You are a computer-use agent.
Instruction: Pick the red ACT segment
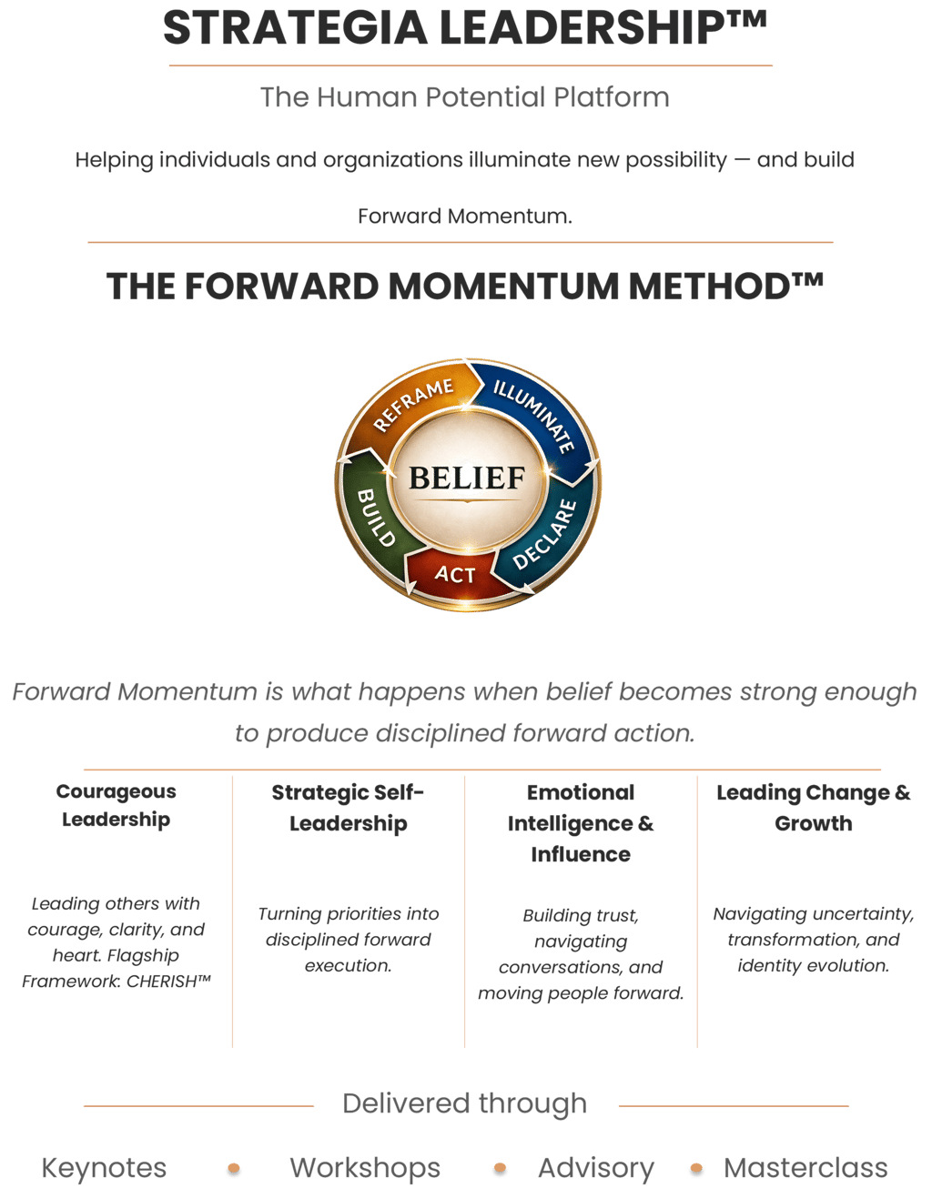[454, 575]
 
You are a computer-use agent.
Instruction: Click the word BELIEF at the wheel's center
[467, 478]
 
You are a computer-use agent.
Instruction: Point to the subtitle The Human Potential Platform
[465, 96]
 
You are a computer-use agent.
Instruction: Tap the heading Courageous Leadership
[116, 805]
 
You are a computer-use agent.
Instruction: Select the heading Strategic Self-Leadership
[349, 808]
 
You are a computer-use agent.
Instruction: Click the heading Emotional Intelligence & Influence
[581, 823]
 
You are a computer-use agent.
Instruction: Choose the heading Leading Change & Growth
[814, 808]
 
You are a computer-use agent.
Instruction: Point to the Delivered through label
[465, 1103]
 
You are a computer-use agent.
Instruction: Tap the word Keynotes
[105, 1168]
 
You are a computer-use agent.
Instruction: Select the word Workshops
[365, 1168]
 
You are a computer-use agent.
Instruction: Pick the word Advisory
[596, 1168]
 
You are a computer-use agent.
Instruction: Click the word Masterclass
[805, 1168]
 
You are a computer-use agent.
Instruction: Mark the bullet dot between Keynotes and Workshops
[234, 1169]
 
